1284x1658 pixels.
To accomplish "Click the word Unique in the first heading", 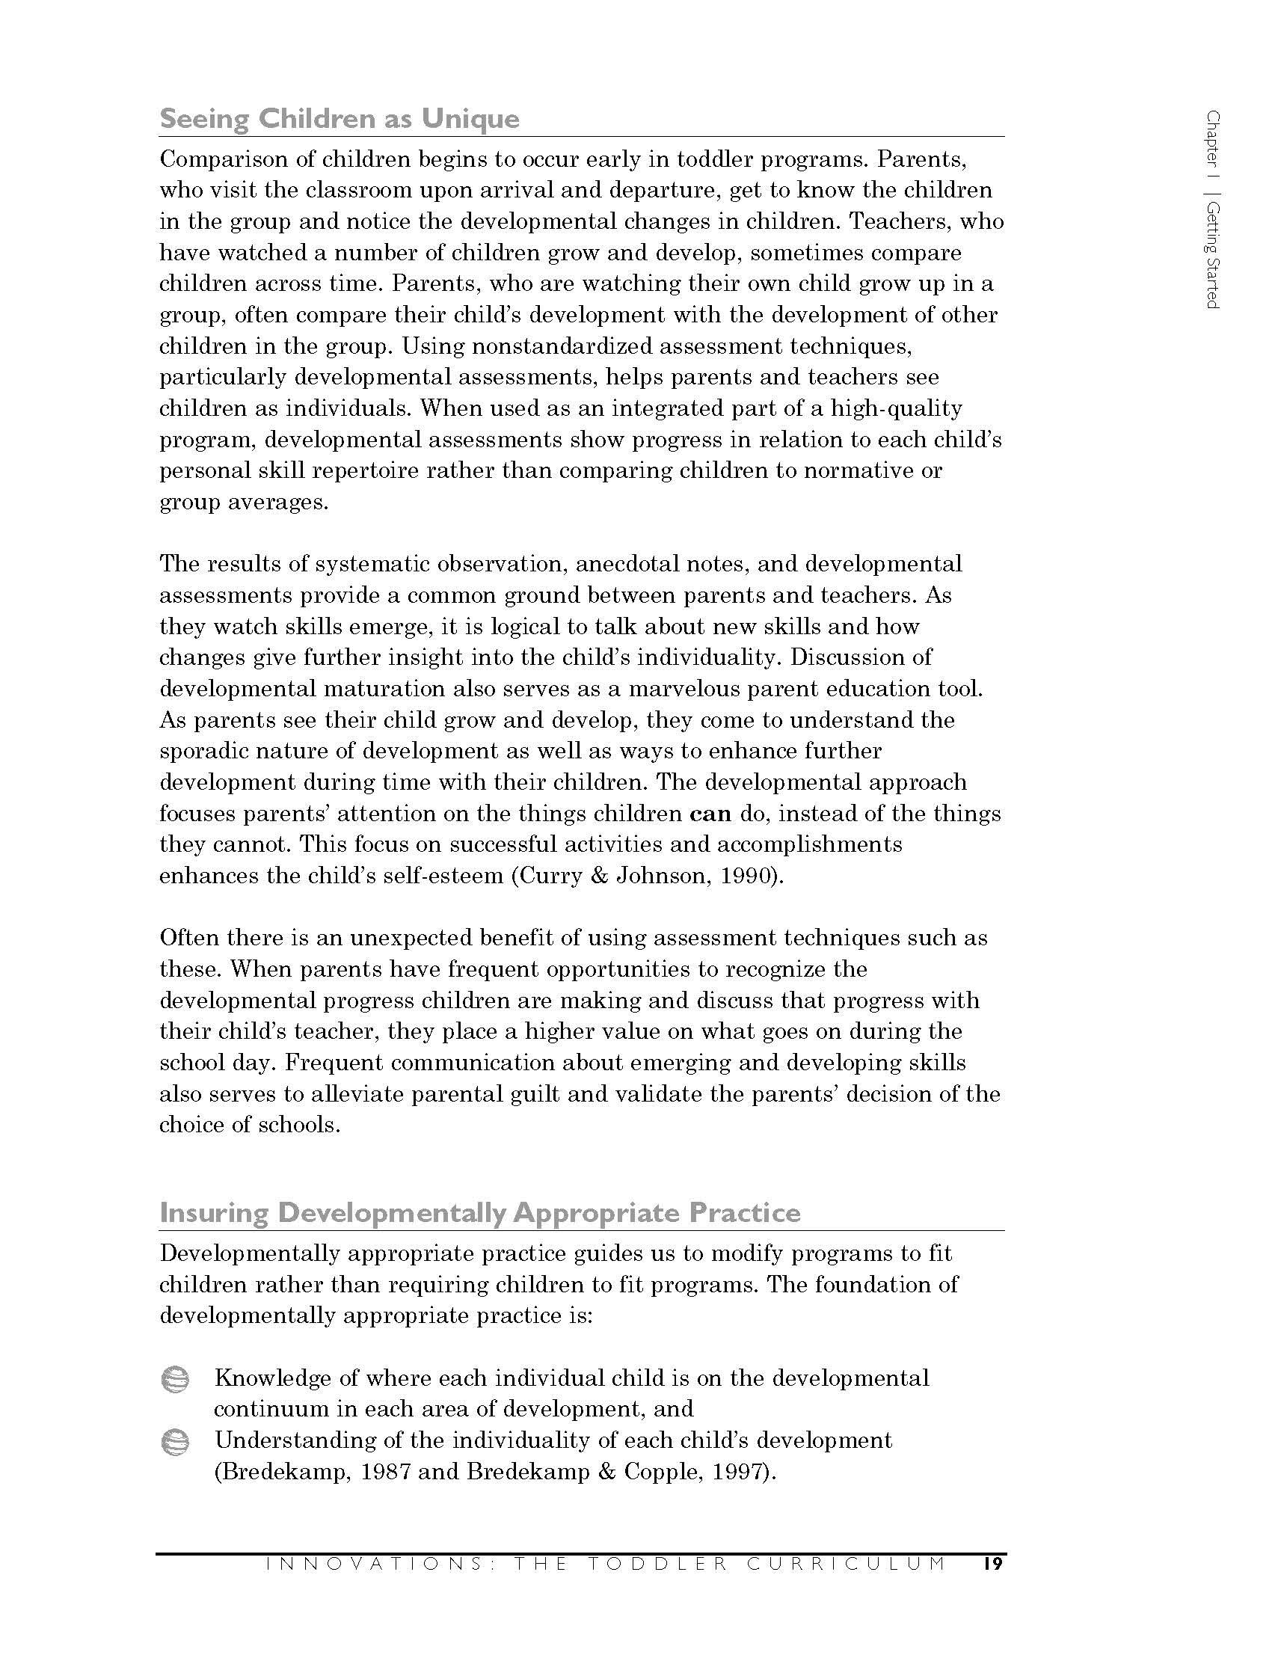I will click(x=471, y=119).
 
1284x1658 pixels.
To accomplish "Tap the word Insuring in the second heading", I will click(x=213, y=1212).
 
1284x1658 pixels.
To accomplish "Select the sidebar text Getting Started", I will click(x=1213, y=255).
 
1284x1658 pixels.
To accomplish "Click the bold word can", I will click(x=710, y=814).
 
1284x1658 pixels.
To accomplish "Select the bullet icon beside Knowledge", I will click(x=176, y=1379).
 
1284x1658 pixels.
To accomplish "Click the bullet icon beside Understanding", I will click(x=176, y=1442).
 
